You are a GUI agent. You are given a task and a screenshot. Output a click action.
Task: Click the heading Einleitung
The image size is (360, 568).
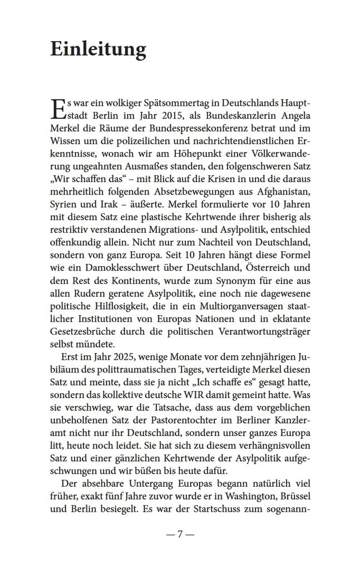click(x=98, y=50)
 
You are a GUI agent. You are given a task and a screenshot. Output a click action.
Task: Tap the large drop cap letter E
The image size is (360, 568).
click(x=57, y=110)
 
